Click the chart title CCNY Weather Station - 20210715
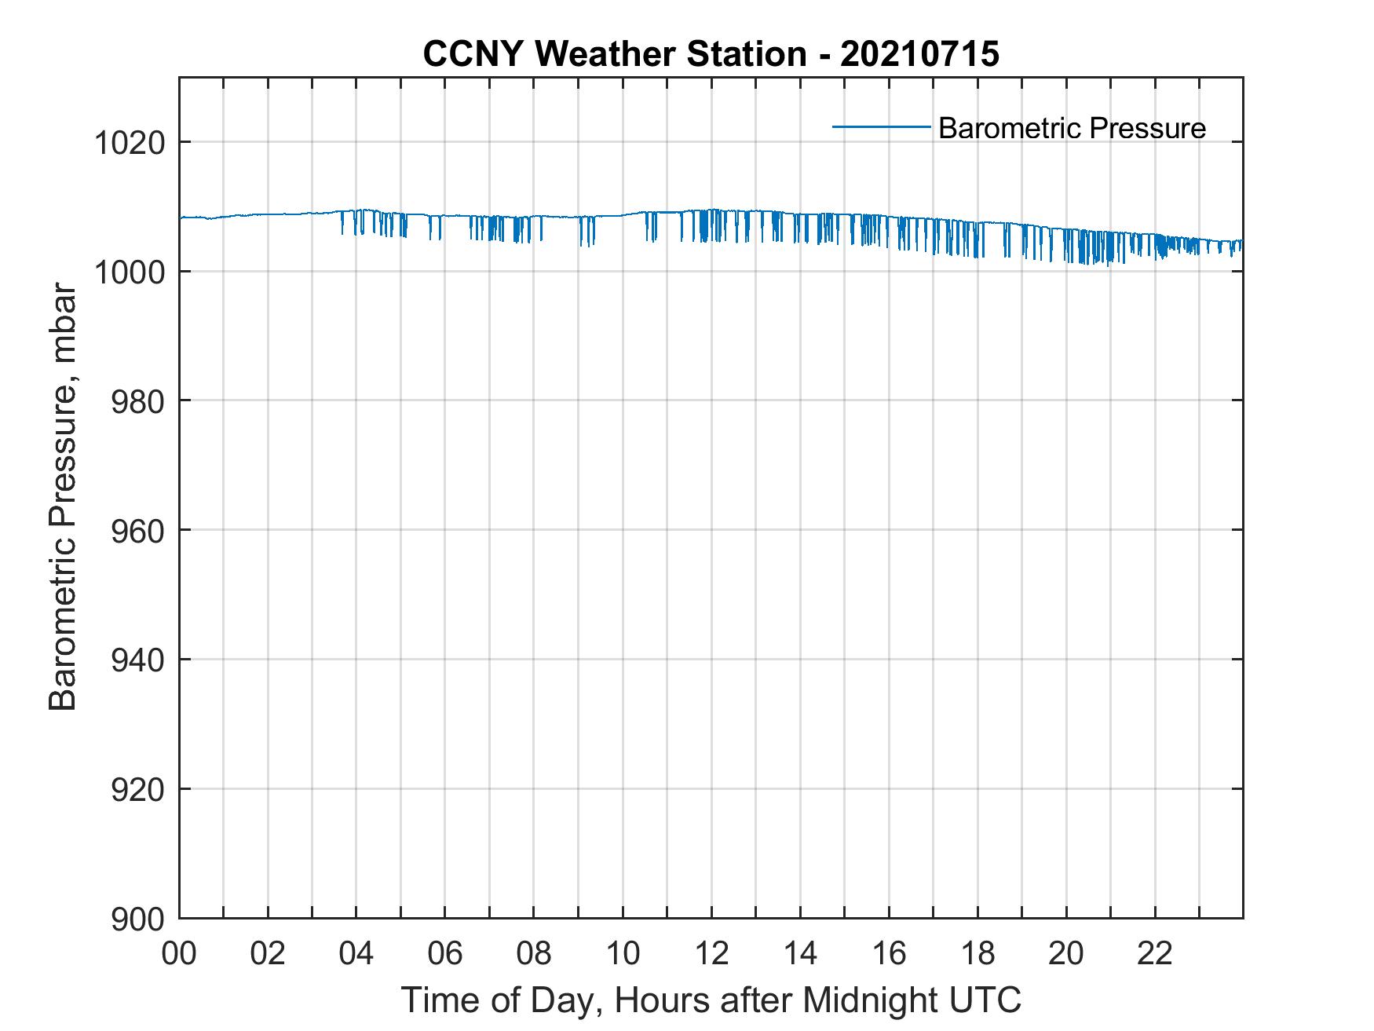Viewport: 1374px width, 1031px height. [x=711, y=54]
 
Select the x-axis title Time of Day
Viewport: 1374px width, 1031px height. [x=711, y=1000]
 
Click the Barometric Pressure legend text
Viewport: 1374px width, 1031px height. [x=1072, y=128]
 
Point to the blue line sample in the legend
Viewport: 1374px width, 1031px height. [x=881, y=126]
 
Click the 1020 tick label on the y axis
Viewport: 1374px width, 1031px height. [x=130, y=143]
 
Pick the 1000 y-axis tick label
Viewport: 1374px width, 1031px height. [x=130, y=272]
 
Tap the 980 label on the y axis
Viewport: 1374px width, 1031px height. [x=138, y=401]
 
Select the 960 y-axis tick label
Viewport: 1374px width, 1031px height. [x=138, y=531]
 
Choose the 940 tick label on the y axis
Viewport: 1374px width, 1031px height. [x=138, y=660]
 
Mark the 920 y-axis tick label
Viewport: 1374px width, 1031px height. [x=138, y=789]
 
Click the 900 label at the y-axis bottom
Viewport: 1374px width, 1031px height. [x=138, y=919]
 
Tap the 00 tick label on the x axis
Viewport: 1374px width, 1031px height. [x=179, y=953]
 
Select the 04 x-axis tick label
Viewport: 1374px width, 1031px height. [x=356, y=953]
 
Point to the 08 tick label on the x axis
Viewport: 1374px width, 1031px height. [x=534, y=953]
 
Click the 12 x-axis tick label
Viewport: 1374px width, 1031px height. [x=711, y=953]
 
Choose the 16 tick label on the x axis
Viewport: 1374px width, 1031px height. [x=889, y=953]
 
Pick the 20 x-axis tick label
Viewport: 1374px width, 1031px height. [x=1066, y=953]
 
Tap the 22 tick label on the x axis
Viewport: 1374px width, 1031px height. [x=1155, y=953]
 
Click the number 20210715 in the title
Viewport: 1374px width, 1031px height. [x=920, y=54]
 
